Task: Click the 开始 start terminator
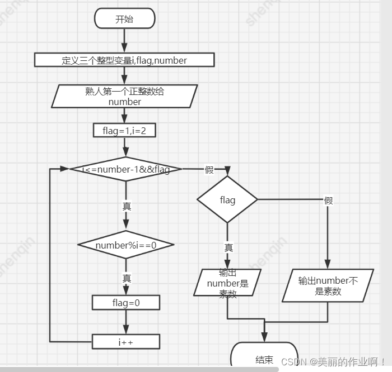124,19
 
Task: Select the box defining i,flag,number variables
124,60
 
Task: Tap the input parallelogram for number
124,96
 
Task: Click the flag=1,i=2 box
124,130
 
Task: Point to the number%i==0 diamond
125,245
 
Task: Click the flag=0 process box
125,303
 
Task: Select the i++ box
125,341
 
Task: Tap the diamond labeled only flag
227,200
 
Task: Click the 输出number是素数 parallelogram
228,283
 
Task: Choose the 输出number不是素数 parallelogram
328,285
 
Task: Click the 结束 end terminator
264,358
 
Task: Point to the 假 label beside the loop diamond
209,170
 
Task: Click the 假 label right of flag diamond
328,201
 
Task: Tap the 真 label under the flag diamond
228,247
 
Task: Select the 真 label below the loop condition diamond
127,206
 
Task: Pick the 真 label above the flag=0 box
127,278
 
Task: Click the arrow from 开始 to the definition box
124,40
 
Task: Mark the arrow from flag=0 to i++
125,322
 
